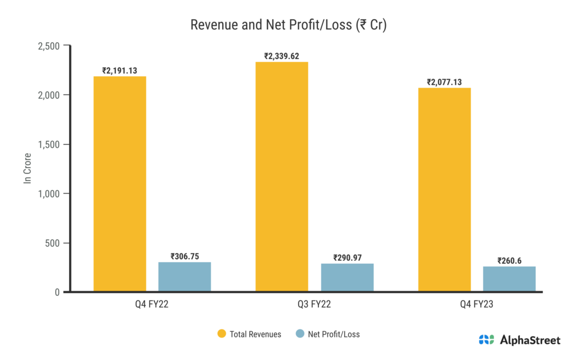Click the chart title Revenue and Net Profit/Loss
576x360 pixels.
tap(287, 25)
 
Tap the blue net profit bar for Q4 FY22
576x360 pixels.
tap(184, 277)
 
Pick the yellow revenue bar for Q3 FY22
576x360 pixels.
tap(282, 177)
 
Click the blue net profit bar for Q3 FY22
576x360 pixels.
tap(347, 277)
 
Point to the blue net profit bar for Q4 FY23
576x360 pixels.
tap(510, 279)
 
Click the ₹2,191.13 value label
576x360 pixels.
tap(119, 71)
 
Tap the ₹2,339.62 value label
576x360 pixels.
tap(282, 56)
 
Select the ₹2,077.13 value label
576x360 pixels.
tap(444, 82)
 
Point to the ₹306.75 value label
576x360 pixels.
tap(184, 256)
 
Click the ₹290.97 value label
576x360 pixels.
tap(347, 258)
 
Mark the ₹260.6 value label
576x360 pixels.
tap(510, 261)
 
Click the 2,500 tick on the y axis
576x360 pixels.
tap(49, 46)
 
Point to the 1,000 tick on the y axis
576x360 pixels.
tap(49, 193)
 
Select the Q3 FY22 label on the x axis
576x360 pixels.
tap(314, 305)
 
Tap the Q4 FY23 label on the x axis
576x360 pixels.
tap(477, 305)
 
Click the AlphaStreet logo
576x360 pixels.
tap(519, 339)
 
